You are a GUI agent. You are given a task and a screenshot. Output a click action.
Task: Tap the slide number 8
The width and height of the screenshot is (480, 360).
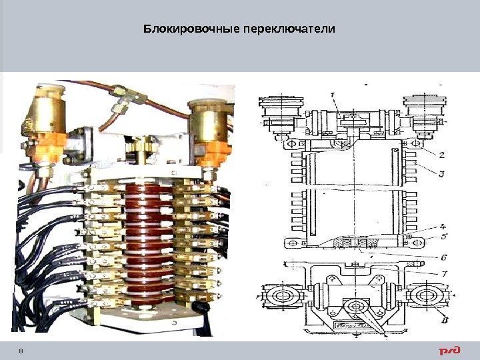click(x=21, y=351)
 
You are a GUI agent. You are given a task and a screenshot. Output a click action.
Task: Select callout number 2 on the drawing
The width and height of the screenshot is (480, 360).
click(x=441, y=154)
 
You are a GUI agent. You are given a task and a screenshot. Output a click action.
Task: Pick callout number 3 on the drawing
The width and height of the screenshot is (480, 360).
click(x=441, y=175)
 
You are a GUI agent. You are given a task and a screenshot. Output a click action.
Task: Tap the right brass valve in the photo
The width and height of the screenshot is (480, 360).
click(x=209, y=127)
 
